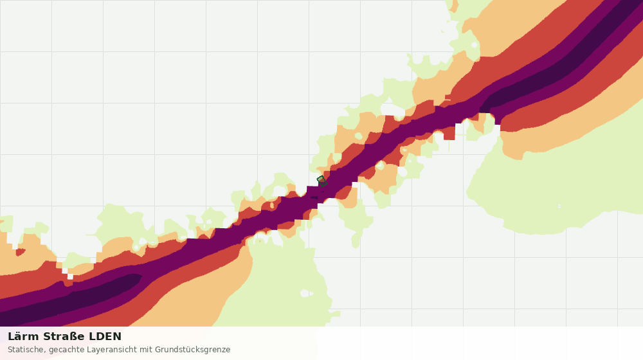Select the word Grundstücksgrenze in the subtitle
point(192,350)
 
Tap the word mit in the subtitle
point(146,350)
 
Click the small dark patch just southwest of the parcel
point(314,197)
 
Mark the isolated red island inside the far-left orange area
point(20,251)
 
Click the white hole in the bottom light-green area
point(306,293)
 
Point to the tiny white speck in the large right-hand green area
point(559,206)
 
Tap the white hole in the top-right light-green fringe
point(475,44)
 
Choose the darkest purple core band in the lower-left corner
point(69,300)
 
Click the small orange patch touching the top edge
point(453,5)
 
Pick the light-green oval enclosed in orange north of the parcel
point(358,136)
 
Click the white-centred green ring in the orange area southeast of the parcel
point(380,166)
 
